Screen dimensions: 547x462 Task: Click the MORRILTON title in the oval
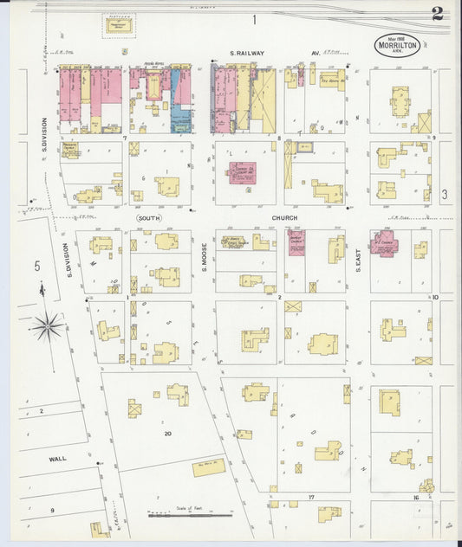[x=398, y=47]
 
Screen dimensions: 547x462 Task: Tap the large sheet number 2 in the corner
[x=437, y=15]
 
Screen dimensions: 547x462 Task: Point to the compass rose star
[x=46, y=326]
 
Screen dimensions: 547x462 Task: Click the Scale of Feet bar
[x=189, y=516]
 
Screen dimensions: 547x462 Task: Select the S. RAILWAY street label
[x=246, y=53]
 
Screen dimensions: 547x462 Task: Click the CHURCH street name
[x=284, y=219]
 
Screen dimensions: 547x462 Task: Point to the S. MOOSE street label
[x=206, y=257]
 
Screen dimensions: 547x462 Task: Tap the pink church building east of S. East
[x=383, y=242]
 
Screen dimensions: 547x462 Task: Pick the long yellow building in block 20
[x=208, y=467]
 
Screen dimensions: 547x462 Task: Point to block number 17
[x=309, y=499]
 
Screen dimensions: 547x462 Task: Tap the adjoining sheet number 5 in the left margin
[x=37, y=266]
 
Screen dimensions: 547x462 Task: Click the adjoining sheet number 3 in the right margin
[x=444, y=195]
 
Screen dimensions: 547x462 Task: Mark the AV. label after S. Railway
[x=316, y=53]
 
